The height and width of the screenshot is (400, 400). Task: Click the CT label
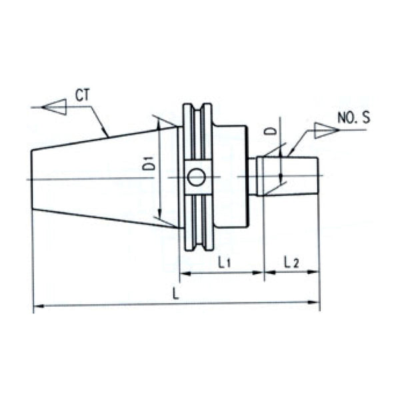coord(83,95)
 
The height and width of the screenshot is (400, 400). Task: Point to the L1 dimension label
coord(224,263)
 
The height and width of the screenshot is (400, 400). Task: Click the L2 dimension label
coord(291,262)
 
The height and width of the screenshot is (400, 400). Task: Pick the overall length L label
coord(176,293)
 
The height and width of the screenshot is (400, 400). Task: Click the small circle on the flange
coord(197,177)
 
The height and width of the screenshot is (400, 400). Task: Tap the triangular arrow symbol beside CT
coord(53,107)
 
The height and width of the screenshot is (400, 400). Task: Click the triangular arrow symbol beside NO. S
coord(326,130)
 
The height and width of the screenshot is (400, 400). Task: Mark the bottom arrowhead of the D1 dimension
coord(160,217)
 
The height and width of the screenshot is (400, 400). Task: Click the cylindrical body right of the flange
coord(230,177)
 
